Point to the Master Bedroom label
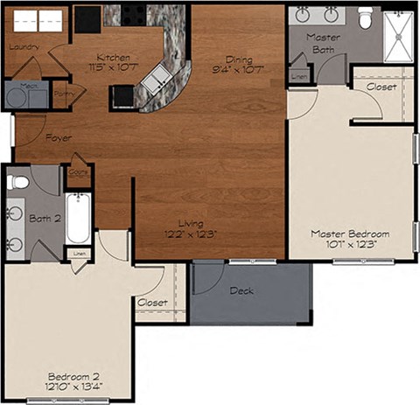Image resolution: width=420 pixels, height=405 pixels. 351,234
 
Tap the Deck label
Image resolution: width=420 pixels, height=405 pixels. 241,290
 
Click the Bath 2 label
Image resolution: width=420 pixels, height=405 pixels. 45,218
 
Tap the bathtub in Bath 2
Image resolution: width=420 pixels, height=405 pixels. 77,219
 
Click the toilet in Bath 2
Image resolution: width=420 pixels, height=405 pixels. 17,182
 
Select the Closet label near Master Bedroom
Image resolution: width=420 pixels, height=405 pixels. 381,87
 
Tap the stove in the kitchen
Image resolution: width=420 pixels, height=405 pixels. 136,14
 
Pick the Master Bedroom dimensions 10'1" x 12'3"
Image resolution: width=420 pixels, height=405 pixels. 351,246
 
